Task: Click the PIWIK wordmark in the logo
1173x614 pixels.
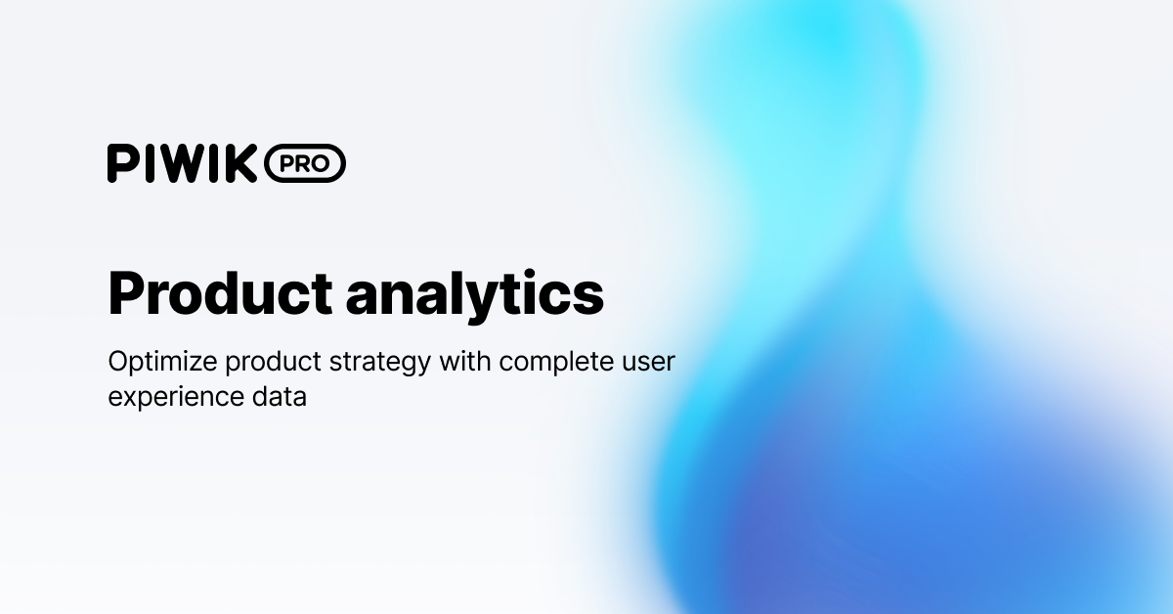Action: [x=183, y=163]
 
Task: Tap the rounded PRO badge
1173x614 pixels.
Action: [x=304, y=163]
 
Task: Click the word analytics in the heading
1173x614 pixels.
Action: [x=474, y=291]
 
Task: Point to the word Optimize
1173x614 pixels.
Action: [x=162, y=362]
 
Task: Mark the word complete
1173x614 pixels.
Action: [x=554, y=363]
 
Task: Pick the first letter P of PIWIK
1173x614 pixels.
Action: [x=121, y=163]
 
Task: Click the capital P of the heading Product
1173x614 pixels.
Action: [x=128, y=291]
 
